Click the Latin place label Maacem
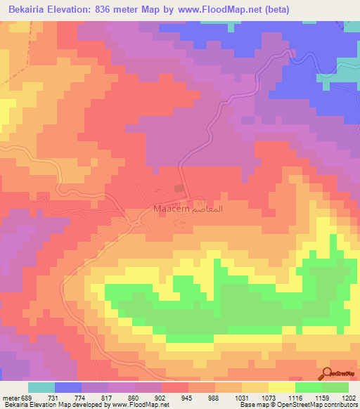(169, 209)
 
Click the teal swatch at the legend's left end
(41, 387)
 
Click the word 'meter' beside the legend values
(10, 398)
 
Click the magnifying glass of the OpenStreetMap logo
(327, 374)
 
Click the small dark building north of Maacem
(179, 189)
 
